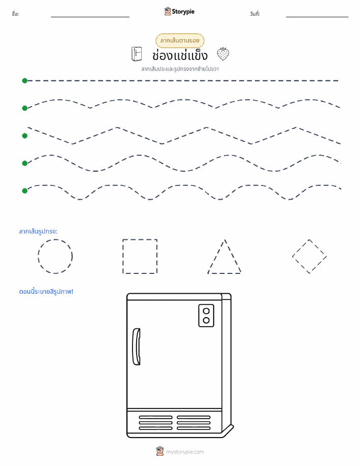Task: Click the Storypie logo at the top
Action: coord(179,12)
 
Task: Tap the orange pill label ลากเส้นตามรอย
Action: coord(180,41)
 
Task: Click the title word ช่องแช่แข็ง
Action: coord(180,55)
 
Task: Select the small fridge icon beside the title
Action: coord(137,54)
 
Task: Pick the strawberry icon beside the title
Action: coord(223,54)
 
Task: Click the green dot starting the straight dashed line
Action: coord(25,80)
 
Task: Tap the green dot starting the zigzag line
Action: coord(25,136)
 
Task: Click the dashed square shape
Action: coord(123,256)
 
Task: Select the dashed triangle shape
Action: coord(216,256)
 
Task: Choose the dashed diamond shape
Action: coord(301,248)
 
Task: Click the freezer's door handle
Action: coord(137,347)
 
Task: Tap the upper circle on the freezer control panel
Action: coord(206,311)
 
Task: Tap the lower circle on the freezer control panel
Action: coord(206,320)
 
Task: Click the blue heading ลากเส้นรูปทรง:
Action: coord(38,231)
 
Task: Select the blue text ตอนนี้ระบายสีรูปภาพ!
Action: coord(46,291)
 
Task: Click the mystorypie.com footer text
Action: coord(185,452)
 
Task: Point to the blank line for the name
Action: coord(90,17)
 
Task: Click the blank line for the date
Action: coord(317,17)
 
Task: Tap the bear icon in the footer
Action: coord(160,451)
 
